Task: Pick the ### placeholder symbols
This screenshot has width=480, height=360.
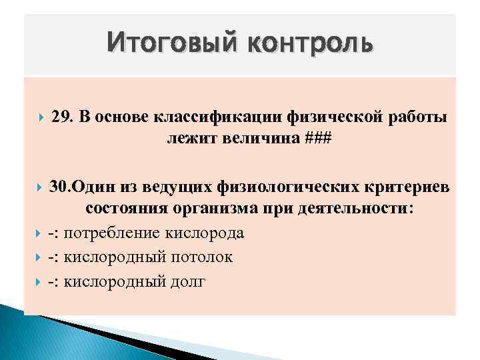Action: (319, 139)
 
